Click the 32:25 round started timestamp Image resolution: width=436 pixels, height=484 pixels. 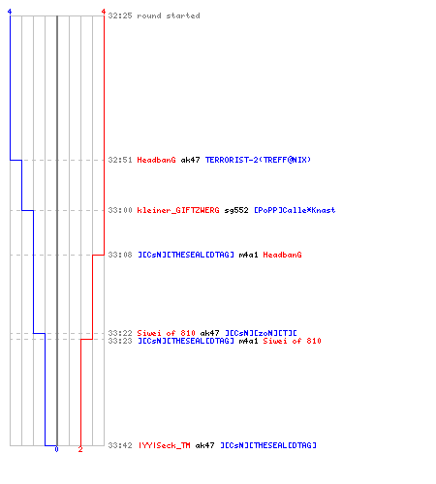point(120,15)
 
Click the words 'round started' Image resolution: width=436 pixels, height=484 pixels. point(169,15)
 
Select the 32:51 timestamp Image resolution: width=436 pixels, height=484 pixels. point(120,160)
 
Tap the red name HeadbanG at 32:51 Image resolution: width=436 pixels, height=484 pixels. point(156,160)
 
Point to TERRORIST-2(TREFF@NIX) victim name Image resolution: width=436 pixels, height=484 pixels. point(258,160)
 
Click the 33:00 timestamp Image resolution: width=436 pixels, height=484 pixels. point(120,210)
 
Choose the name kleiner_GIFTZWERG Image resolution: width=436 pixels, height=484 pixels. point(178,210)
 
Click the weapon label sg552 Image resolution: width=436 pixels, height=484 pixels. point(236,210)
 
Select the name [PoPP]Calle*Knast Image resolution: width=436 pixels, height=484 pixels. point(295,210)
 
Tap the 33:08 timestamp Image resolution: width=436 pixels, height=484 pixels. point(120,255)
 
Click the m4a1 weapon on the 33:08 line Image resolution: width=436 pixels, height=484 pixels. point(248,255)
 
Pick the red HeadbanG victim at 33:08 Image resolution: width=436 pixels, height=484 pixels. point(282,255)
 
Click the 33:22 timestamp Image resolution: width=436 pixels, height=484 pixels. point(120,333)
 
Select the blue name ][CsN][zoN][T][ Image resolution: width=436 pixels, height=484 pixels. point(261,333)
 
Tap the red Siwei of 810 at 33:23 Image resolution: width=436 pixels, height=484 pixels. point(292,341)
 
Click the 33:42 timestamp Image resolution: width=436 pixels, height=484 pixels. point(120,445)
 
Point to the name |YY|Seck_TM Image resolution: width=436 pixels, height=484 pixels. point(165,445)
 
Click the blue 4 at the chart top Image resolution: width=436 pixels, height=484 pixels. point(10,12)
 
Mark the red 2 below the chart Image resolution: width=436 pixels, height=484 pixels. point(80,449)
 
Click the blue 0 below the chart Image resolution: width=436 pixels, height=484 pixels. point(56,449)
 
